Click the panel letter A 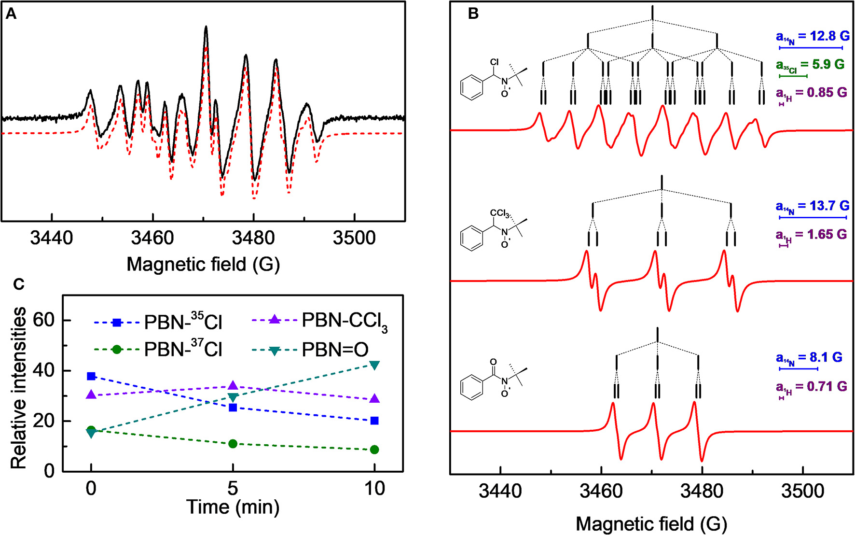click(x=11, y=14)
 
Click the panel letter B click(x=473, y=14)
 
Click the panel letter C click(x=18, y=284)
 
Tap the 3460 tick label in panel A click(x=152, y=238)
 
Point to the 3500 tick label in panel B click(x=803, y=492)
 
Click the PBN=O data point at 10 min click(x=374, y=365)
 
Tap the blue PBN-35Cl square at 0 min click(x=91, y=376)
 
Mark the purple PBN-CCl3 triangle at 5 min click(x=233, y=385)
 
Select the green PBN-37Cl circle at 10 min click(x=374, y=450)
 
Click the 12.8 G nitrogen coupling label click(x=813, y=36)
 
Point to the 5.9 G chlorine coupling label click(x=811, y=65)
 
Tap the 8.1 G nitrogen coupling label click(x=809, y=358)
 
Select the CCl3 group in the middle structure click(x=499, y=213)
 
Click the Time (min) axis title click(x=233, y=507)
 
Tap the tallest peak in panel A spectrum click(x=206, y=28)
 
